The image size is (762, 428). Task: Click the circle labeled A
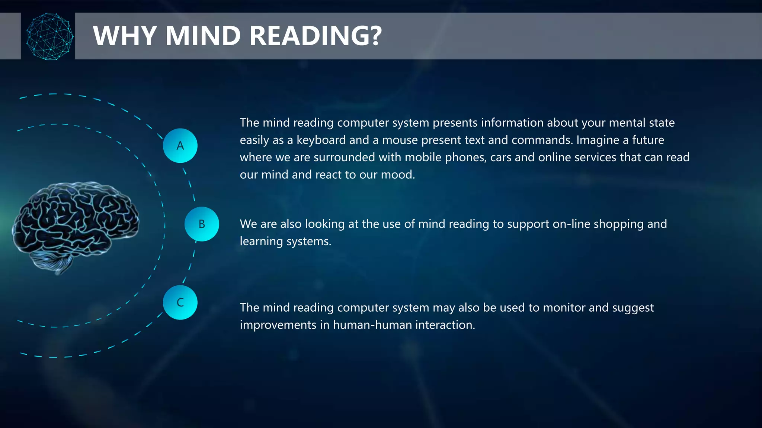(x=180, y=146)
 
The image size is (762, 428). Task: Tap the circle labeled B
(x=202, y=224)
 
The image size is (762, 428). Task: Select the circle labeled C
(x=180, y=302)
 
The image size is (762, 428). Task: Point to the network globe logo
(x=49, y=36)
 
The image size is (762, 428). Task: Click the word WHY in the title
(x=125, y=36)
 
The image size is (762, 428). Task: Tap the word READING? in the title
(x=316, y=36)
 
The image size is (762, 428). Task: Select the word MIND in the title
(x=203, y=36)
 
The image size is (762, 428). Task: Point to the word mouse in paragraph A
(x=400, y=140)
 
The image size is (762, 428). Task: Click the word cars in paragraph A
(x=501, y=158)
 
